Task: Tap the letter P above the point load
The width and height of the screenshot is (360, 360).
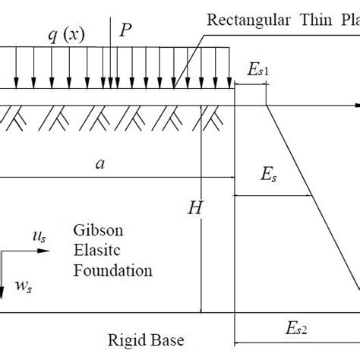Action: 125,30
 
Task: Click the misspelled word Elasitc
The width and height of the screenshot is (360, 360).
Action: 96,251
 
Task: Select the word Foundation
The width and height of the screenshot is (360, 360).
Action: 113,270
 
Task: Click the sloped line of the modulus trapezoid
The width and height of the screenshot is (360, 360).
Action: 311,190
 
